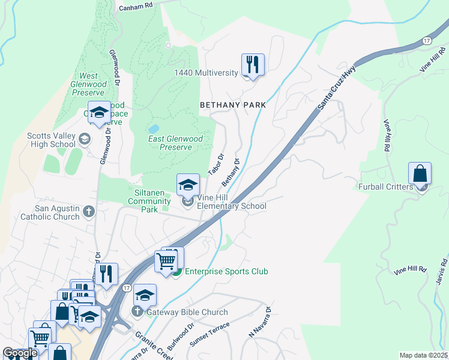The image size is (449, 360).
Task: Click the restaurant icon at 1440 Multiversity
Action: coord(253,64)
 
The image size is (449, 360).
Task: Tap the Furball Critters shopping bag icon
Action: coord(420,174)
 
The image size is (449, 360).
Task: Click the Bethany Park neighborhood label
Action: coord(232,104)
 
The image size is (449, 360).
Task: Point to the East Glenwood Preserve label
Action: coord(175,143)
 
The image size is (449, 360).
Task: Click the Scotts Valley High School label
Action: coord(51,140)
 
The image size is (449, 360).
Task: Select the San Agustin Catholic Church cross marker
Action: coord(89,211)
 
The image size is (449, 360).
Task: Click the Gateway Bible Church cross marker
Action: coord(137,311)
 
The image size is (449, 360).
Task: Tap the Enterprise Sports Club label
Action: coord(226,272)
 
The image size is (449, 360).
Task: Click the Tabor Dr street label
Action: coord(215,164)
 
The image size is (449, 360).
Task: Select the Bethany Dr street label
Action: coord(231,172)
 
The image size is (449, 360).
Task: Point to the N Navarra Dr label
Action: coord(261,322)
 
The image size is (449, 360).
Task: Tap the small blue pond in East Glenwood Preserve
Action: coord(154,128)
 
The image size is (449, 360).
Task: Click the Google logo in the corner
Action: coord(20,353)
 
